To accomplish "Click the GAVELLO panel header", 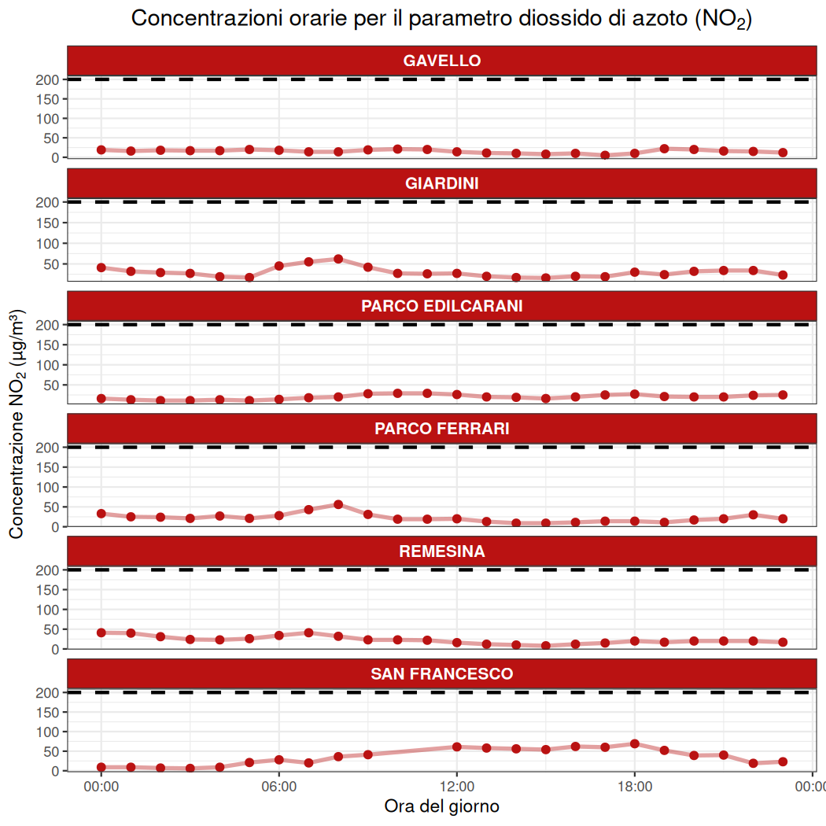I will tap(441, 61).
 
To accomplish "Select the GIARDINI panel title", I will tap(441, 183).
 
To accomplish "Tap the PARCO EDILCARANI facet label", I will tap(441, 306).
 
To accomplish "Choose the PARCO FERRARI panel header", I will tap(441, 429).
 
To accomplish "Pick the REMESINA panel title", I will tap(441, 551).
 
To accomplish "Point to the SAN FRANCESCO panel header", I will tap(441, 674).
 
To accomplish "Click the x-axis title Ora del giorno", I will tap(441, 806).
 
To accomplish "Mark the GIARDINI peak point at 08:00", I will tap(338, 259).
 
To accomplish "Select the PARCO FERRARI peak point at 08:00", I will tap(338, 504).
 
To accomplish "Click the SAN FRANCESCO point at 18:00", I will tap(635, 743).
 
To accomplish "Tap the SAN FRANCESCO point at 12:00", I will tap(457, 747).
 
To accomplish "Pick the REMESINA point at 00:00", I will tap(101, 632).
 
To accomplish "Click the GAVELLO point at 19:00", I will tap(665, 149).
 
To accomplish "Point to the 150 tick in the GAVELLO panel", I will tap(48, 99).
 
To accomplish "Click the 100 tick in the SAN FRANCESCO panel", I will tap(48, 732).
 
